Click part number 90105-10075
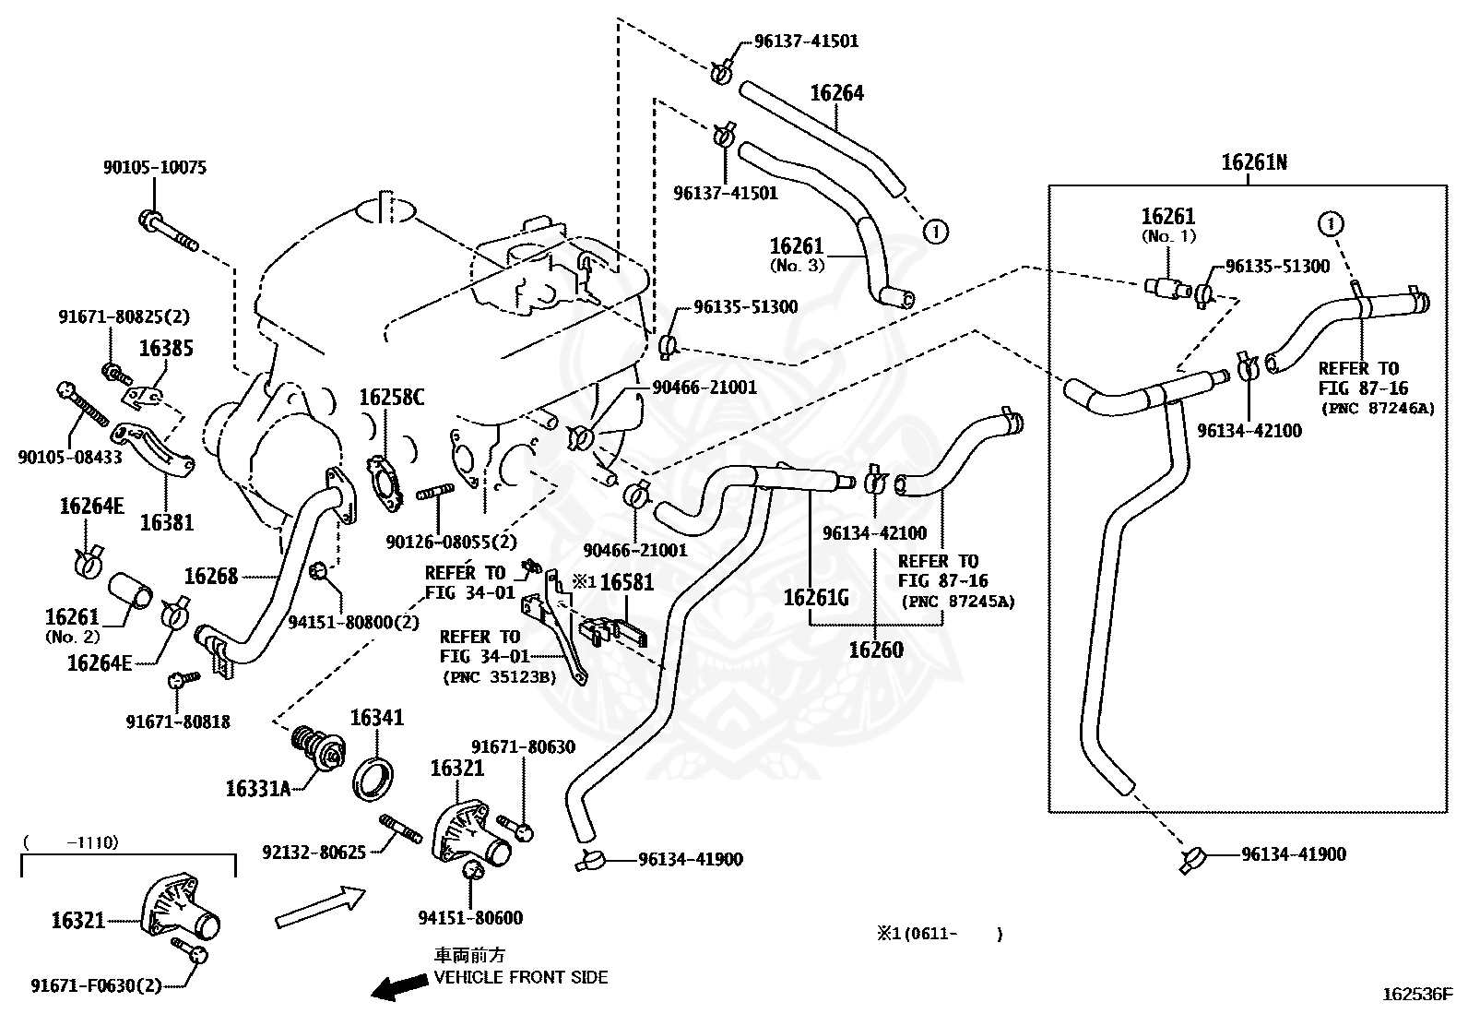(x=155, y=167)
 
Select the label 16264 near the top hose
(x=837, y=93)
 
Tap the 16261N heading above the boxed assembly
(x=1254, y=162)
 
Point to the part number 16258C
(x=392, y=397)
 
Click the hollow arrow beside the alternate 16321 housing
(x=320, y=906)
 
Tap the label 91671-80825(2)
(x=124, y=316)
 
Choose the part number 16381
(x=167, y=522)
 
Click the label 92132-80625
(x=314, y=852)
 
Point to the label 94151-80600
(x=470, y=918)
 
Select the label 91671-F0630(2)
(x=96, y=985)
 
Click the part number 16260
(x=876, y=650)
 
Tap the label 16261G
(x=817, y=598)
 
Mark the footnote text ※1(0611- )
(x=940, y=934)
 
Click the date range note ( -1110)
(x=71, y=842)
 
